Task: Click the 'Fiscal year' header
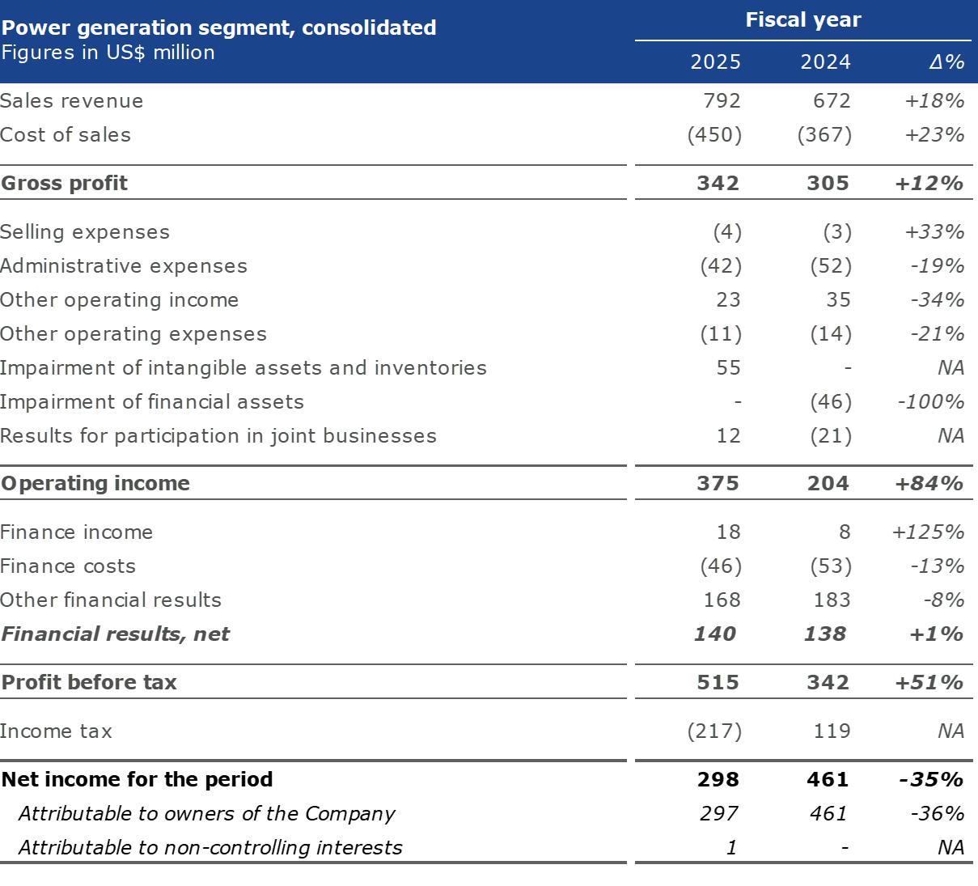point(802,20)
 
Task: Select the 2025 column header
point(715,62)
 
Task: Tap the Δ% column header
point(946,62)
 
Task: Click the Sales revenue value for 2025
point(722,101)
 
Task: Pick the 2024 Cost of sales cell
point(824,135)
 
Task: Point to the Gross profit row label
point(65,184)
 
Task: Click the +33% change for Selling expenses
point(934,232)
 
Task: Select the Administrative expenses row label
point(124,266)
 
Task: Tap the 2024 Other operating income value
point(838,300)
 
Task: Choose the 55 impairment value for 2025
point(728,368)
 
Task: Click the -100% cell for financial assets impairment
point(930,402)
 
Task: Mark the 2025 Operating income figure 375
point(718,484)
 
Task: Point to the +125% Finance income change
point(928,532)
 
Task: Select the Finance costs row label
point(68,566)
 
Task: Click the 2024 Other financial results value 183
point(832,600)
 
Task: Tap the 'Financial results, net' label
point(116,634)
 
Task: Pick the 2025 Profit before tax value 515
point(718,683)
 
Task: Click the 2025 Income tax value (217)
point(714,731)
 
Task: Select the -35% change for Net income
point(930,780)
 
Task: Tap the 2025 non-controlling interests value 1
point(731,848)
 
